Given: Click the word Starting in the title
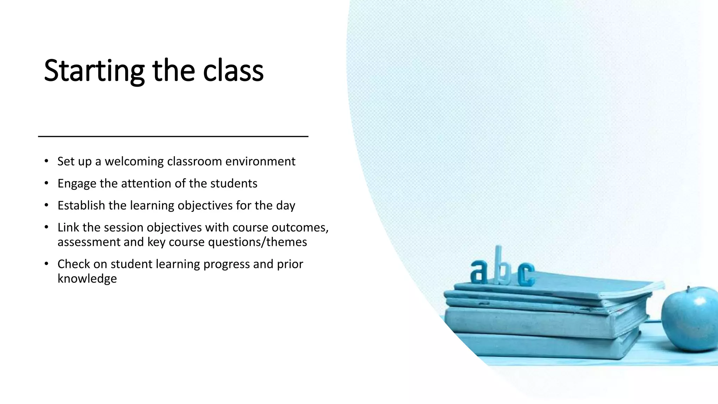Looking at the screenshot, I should pyautogui.click(x=94, y=71).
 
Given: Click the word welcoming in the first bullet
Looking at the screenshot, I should pyautogui.click(x=134, y=161).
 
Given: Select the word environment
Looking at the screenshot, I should pyautogui.click(x=260, y=161).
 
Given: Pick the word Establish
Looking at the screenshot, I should pyautogui.click(x=81, y=206).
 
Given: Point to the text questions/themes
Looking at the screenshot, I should pyautogui.click(x=257, y=242).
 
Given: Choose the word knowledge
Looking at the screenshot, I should pyautogui.click(x=87, y=279).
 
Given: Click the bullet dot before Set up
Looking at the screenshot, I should pyautogui.click(x=46, y=161).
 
